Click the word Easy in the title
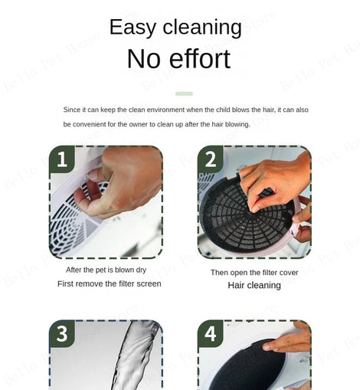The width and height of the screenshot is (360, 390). point(133,28)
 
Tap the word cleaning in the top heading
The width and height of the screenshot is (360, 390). point(202,27)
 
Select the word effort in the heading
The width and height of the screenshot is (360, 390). point(200,58)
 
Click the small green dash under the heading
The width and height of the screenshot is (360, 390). point(184,93)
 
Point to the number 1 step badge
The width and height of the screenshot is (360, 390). point(62,159)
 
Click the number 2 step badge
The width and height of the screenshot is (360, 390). point(211,159)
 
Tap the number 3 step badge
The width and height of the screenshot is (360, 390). point(62,333)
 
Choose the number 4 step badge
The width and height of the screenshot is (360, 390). point(211,333)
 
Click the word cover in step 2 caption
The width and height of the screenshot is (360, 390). point(289,273)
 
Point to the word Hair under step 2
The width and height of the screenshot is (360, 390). point(236,285)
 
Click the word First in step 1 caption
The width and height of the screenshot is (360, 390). point(65,283)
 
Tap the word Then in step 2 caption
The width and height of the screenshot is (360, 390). point(219,273)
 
